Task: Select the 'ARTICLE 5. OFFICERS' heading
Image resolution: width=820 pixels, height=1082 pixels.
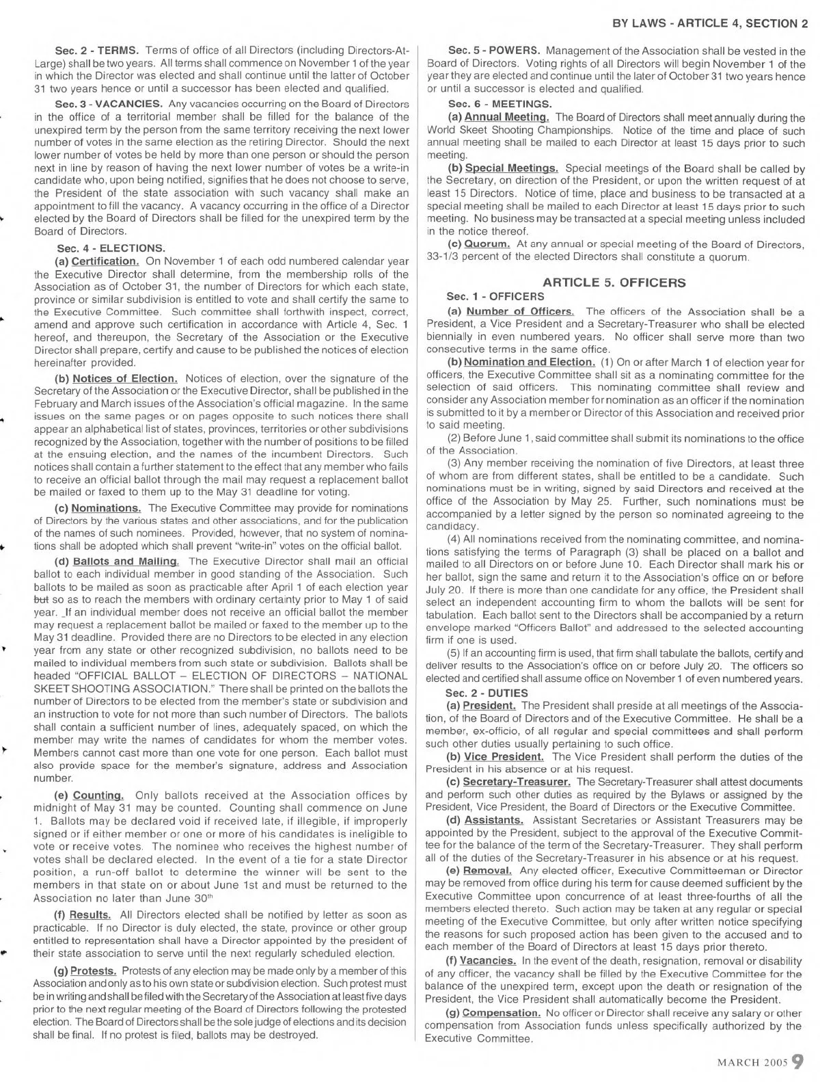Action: (614, 282)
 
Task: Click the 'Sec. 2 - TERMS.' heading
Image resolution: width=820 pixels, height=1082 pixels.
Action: (97, 50)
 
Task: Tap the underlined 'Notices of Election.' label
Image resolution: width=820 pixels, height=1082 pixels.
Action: (125, 378)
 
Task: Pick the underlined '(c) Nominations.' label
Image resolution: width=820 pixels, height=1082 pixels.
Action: (98, 507)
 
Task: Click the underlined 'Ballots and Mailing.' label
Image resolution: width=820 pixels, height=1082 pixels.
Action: (126, 561)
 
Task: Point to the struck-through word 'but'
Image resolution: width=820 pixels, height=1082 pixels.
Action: (40, 600)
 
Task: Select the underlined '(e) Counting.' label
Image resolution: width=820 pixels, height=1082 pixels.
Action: (89, 795)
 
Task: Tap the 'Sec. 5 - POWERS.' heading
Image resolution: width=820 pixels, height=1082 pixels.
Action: (495, 50)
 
